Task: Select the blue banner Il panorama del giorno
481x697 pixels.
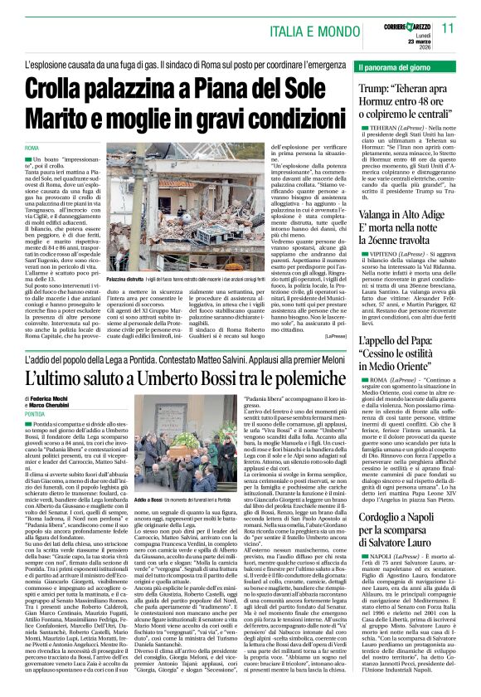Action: (392, 65)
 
